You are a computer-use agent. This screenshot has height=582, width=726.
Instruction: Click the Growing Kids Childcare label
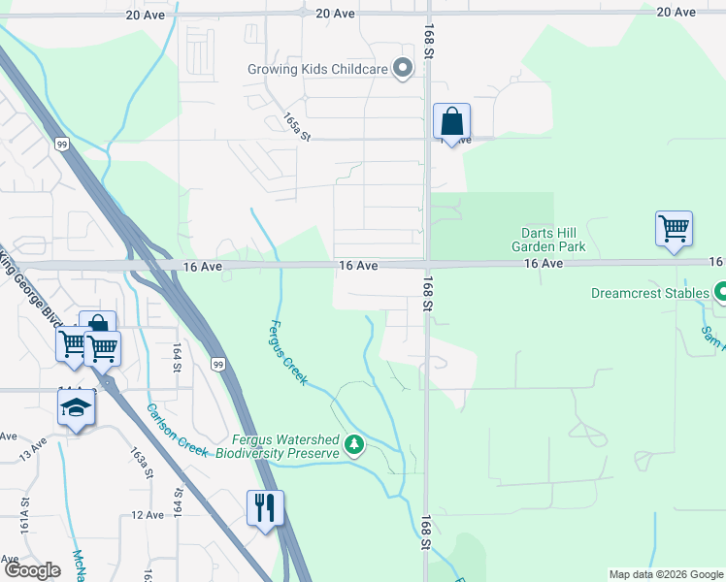tap(316, 69)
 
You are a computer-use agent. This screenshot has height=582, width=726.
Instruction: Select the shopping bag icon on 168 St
tap(451, 122)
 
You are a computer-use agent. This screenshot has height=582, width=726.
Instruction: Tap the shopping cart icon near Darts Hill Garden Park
tap(674, 230)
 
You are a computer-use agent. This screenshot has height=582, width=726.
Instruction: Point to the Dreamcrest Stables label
tap(649, 292)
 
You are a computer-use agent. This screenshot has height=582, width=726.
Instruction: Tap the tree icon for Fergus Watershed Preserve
tap(355, 445)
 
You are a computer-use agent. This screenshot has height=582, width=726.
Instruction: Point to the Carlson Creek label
tap(178, 430)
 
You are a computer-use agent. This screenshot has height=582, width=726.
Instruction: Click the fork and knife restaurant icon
tap(265, 506)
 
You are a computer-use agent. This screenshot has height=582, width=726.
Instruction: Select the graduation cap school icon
tap(76, 408)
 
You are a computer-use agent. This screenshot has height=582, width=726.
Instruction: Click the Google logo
tap(32, 570)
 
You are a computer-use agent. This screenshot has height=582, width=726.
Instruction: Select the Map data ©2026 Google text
tap(664, 574)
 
